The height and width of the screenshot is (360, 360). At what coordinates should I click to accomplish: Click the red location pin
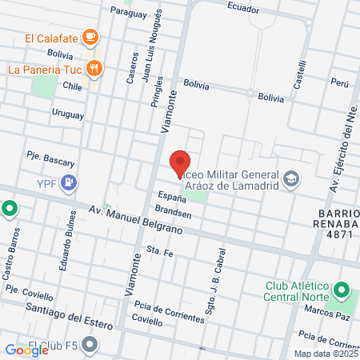180,164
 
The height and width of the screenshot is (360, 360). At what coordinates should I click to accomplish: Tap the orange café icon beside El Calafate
90,37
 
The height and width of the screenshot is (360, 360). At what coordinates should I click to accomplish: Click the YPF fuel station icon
70,183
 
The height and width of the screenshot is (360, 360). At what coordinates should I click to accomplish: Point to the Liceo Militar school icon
291,178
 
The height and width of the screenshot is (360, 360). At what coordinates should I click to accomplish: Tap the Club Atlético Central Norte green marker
342,289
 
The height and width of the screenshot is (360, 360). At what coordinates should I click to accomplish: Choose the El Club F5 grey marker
90,346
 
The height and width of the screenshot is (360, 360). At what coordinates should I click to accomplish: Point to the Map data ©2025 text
326,354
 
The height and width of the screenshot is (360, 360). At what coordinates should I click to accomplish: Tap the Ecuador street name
243,9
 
